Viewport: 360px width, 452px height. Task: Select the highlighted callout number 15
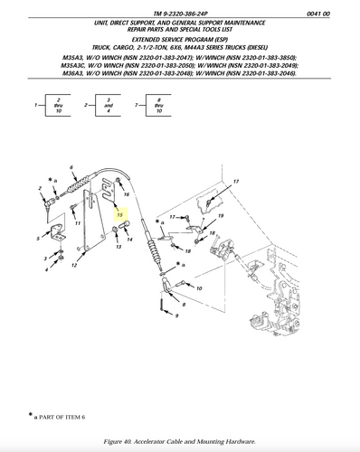(x=119, y=216)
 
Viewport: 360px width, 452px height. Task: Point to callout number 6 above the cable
(x=71, y=168)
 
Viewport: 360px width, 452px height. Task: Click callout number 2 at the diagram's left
(x=41, y=188)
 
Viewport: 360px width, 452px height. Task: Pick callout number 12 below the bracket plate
(x=74, y=266)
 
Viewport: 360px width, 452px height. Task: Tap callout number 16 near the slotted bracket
(x=127, y=194)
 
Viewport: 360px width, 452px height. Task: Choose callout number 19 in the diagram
(x=220, y=217)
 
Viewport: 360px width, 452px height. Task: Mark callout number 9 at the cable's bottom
(x=177, y=316)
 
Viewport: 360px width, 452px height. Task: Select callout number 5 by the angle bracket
(x=38, y=238)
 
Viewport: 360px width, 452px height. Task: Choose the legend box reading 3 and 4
(x=108, y=105)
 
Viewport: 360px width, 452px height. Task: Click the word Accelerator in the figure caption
(x=169, y=440)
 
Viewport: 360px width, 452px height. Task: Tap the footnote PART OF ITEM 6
(x=67, y=418)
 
